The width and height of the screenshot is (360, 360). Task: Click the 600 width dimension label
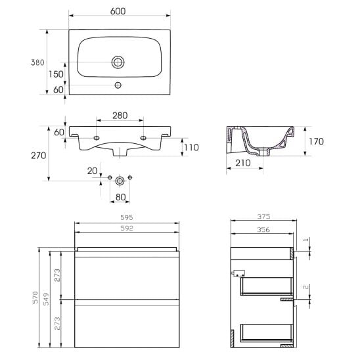118,11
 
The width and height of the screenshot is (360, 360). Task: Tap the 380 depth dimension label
37,62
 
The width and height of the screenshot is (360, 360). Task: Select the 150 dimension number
56,74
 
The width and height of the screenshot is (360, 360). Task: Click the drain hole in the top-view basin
118,62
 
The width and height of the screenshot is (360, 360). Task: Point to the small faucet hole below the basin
118,85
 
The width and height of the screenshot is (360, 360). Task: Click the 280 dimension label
120,116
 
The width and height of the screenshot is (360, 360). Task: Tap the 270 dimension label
39,156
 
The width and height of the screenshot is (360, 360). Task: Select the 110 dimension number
191,147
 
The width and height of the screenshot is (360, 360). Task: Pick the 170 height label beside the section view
316,141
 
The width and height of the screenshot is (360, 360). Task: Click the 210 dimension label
243,163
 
